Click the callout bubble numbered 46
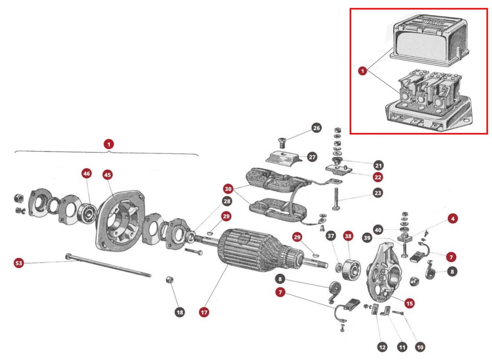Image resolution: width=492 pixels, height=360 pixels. point(86,174)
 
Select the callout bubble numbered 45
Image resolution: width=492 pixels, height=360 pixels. point(108,174)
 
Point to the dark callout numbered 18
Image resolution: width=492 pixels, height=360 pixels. point(180,312)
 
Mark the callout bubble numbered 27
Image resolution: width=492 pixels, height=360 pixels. point(312,157)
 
